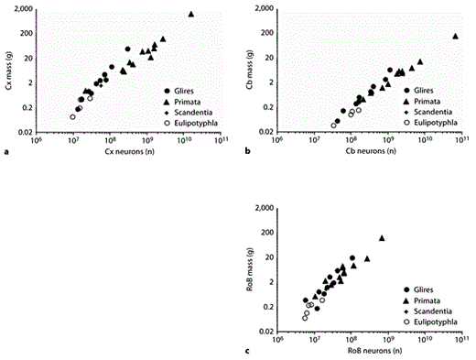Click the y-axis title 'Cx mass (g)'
pos(8,70)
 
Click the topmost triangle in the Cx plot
pos(190,14)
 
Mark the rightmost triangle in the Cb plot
pos(455,36)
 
